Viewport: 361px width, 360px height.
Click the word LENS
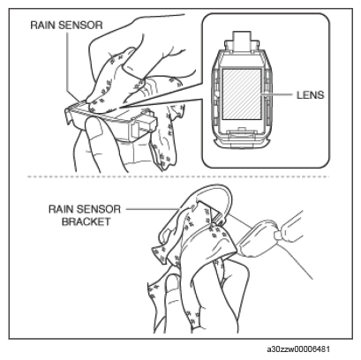[x=310, y=95]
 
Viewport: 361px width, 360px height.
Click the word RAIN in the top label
[x=43, y=25]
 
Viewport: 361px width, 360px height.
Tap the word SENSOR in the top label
[x=80, y=25]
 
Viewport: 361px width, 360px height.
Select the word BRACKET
[x=86, y=221]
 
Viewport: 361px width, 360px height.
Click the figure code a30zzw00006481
[x=298, y=349]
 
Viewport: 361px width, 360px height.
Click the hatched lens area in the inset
[x=242, y=94]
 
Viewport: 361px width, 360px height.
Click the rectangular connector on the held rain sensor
[x=144, y=127]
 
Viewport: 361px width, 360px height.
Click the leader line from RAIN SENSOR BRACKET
[x=153, y=209]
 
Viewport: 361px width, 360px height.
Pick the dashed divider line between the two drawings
[x=178, y=176]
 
